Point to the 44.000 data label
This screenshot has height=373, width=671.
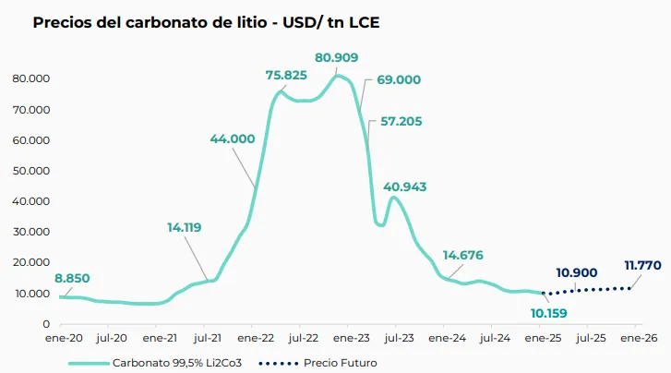(233, 138)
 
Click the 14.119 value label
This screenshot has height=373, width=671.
(185, 226)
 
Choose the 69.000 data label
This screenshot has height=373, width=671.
(398, 80)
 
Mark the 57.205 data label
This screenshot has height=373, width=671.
(395, 121)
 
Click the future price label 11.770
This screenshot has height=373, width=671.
(642, 265)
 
